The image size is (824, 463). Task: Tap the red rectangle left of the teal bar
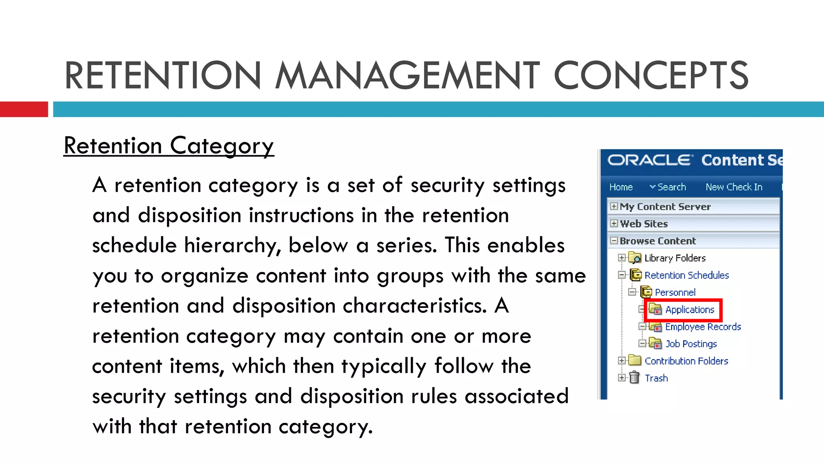(x=24, y=109)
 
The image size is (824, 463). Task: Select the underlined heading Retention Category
(x=169, y=145)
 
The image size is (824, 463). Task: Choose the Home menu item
(x=621, y=187)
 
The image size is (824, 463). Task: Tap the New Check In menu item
(x=734, y=187)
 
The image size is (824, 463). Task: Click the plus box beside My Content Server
(x=614, y=206)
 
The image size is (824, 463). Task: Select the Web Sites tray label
(x=644, y=224)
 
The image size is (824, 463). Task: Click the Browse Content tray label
(x=657, y=241)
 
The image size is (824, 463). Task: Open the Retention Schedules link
(x=686, y=275)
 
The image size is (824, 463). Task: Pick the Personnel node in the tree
(x=675, y=293)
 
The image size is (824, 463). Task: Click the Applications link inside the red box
(x=690, y=310)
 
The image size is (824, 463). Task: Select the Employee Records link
(x=703, y=327)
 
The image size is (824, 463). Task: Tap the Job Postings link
(x=691, y=344)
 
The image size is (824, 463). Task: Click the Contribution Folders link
(x=686, y=361)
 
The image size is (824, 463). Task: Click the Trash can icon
(x=634, y=378)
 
